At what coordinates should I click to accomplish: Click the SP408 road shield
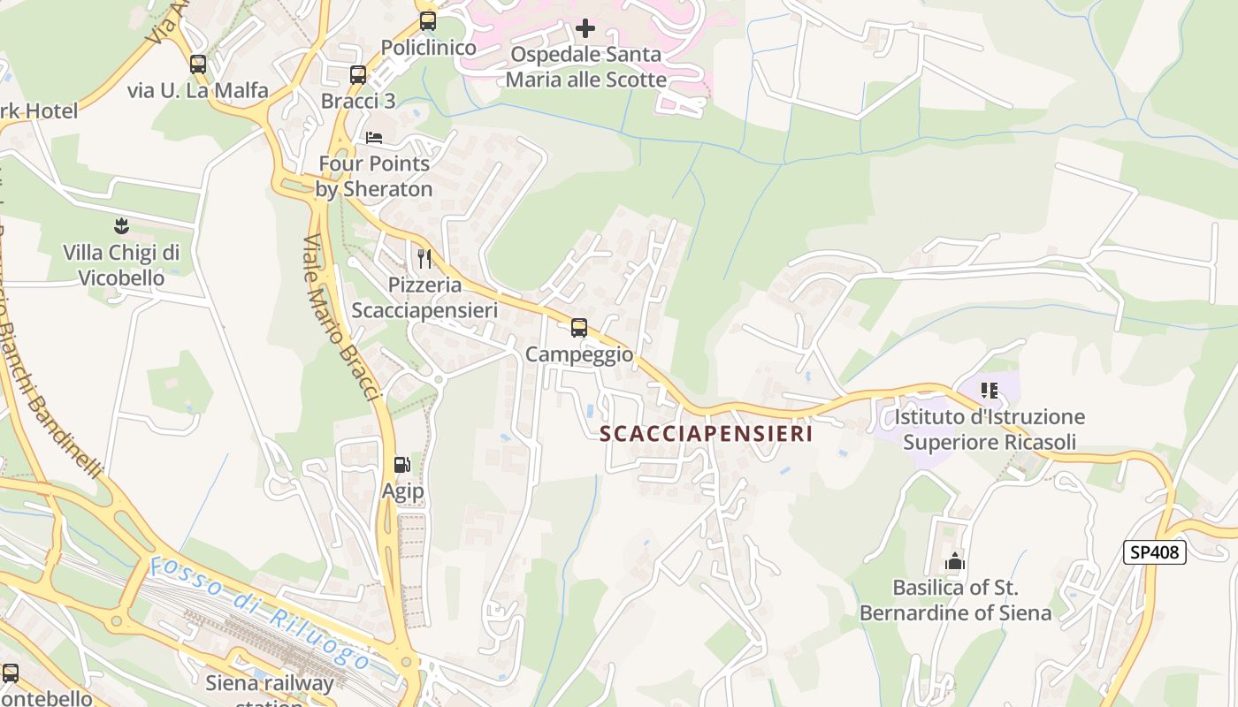pos(1154,552)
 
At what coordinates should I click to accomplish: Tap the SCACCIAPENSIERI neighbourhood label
pos(706,434)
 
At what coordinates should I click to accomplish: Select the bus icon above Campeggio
pos(579,329)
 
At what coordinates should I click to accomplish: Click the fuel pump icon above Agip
pos(401,465)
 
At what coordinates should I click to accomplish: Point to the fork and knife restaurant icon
pos(424,259)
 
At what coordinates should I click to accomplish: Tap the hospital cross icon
pos(585,28)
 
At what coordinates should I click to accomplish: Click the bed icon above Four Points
pos(374,138)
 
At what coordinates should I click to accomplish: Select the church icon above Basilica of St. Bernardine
pos(954,561)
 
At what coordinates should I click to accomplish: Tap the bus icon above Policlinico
pos(428,21)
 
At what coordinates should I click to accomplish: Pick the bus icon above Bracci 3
pos(357,75)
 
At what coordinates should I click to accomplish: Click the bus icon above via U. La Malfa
pos(197,65)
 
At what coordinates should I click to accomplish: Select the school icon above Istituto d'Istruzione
pos(989,390)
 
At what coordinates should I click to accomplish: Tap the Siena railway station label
pos(270,689)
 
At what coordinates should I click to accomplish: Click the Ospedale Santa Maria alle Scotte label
pos(585,66)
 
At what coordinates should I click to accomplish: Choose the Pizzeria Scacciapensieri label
pos(424,298)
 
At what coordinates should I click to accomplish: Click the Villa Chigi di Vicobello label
pos(121,265)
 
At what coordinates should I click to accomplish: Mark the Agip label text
pos(402,491)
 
